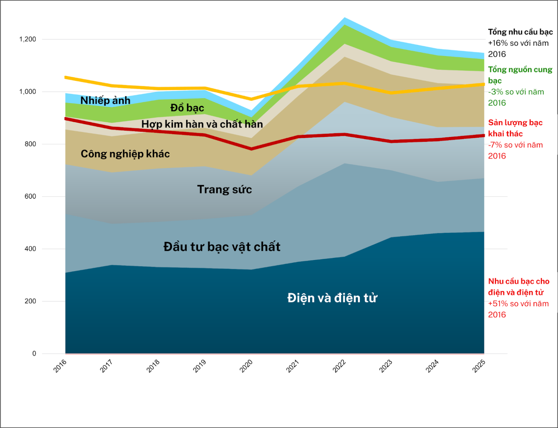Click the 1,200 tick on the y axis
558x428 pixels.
pos(27,39)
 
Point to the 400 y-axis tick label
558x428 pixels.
pos(30,249)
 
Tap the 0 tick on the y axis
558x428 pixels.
pos(34,353)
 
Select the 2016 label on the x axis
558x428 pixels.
pos(60,366)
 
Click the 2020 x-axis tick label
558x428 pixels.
pos(246,366)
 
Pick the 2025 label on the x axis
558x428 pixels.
pos(479,366)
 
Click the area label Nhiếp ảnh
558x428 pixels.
pos(105,101)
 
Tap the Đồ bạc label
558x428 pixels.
pos(187,108)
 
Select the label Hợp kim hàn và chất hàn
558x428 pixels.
pos(202,124)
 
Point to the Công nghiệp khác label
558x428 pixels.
pos(125,154)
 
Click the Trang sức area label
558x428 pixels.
pos(224,189)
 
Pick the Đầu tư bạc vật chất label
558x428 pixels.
pos(222,247)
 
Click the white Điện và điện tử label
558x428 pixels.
pos(332,298)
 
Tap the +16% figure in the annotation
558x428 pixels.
pos(496,43)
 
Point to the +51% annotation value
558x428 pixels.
pos(496,304)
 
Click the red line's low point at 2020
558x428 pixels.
pos(252,149)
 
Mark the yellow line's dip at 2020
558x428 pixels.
pos(252,99)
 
